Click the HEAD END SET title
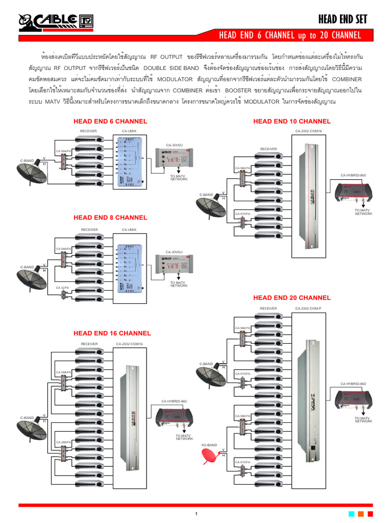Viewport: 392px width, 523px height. pos(342,19)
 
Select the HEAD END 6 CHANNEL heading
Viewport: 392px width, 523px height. pos(110,122)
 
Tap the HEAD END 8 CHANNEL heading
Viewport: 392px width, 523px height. pos(110,218)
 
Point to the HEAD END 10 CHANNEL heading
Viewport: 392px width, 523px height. pos(292,122)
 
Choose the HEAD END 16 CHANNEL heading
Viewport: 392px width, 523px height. pos(112,334)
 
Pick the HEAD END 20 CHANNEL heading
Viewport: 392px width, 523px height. pos(292,298)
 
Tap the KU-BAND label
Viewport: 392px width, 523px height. pos(209,445)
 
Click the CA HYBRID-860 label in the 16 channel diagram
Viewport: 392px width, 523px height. pos(174,401)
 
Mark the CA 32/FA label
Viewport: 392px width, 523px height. pos(63,288)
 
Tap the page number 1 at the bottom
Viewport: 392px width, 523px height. pos(196,513)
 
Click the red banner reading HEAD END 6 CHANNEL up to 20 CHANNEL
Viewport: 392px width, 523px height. pos(290,35)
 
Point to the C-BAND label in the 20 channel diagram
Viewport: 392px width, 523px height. pos(206,364)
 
